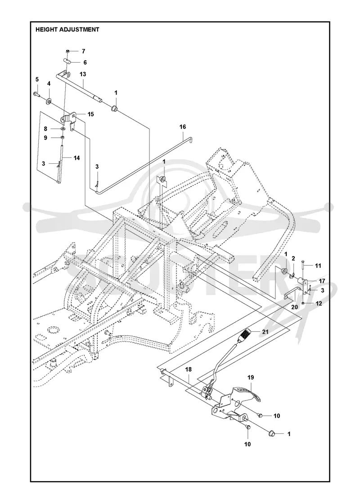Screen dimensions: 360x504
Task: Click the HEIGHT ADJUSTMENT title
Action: point(67,30)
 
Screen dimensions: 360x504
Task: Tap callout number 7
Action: point(83,51)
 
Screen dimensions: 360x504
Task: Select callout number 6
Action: point(85,63)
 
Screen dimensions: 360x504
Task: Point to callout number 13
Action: point(83,74)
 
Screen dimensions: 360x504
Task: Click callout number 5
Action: point(37,79)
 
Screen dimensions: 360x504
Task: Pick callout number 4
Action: point(49,83)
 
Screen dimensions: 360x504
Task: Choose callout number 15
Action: point(90,114)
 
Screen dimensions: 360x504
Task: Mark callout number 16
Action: point(183,127)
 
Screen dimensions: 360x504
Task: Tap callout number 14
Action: point(76,158)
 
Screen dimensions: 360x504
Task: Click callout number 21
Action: point(265,333)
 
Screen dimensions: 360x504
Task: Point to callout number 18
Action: point(189,370)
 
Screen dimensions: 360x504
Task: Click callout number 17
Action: point(322,281)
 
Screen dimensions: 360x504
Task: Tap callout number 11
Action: point(318,266)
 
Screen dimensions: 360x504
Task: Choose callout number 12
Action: point(319,303)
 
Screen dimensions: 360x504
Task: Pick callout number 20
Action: point(294,307)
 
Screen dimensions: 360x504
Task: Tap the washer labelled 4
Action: point(49,102)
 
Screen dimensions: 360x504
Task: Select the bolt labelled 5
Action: point(36,94)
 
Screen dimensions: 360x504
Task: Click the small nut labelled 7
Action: point(68,51)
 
